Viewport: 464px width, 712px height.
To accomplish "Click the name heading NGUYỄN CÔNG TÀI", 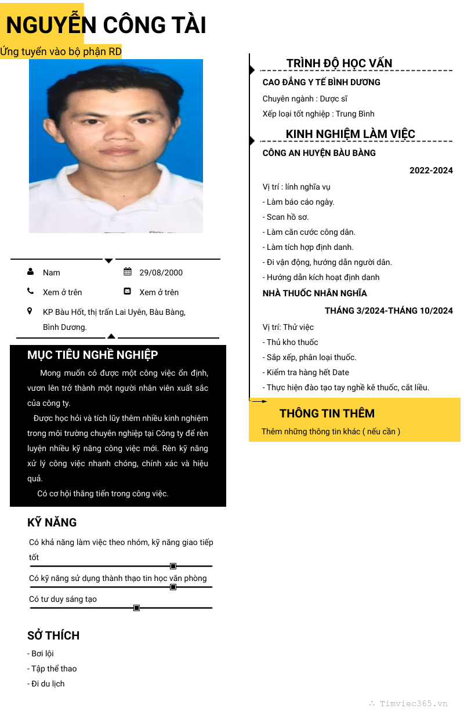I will pos(106,26).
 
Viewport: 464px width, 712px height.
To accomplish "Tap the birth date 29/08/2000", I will pos(161,273).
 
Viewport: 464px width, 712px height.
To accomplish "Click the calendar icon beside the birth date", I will pos(128,272).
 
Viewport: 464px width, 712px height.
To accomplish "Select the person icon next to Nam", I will pos(30,272).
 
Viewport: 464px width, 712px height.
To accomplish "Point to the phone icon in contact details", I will pos(30,292).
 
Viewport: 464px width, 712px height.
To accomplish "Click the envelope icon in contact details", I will pos(128,292).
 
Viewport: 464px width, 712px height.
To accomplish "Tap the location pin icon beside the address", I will pos(30,311).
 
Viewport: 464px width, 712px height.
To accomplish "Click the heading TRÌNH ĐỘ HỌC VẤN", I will pos(339,63).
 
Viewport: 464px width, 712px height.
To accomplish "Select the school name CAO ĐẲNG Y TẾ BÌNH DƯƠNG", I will pos(321,82).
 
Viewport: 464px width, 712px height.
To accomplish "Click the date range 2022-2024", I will pos(431,170).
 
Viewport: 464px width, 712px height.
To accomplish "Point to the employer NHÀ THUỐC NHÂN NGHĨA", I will pos(314,293).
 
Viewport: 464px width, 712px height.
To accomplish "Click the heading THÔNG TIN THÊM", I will pos(327,413).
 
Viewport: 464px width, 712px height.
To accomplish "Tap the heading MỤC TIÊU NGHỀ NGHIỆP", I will pos(93,355).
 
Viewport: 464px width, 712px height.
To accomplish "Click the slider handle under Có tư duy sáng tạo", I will pos(137,608).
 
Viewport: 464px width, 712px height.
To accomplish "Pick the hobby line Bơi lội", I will pos(41,653).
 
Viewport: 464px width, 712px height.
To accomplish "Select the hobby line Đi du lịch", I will pos(46,684).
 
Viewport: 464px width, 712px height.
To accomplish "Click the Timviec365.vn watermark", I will pos(413,703).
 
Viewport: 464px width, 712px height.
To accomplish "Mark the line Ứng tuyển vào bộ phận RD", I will pos(61,52).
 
